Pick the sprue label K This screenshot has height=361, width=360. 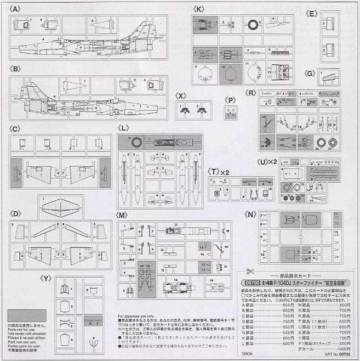[x=199, y=9]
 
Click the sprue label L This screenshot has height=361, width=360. [x=125, y=127]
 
